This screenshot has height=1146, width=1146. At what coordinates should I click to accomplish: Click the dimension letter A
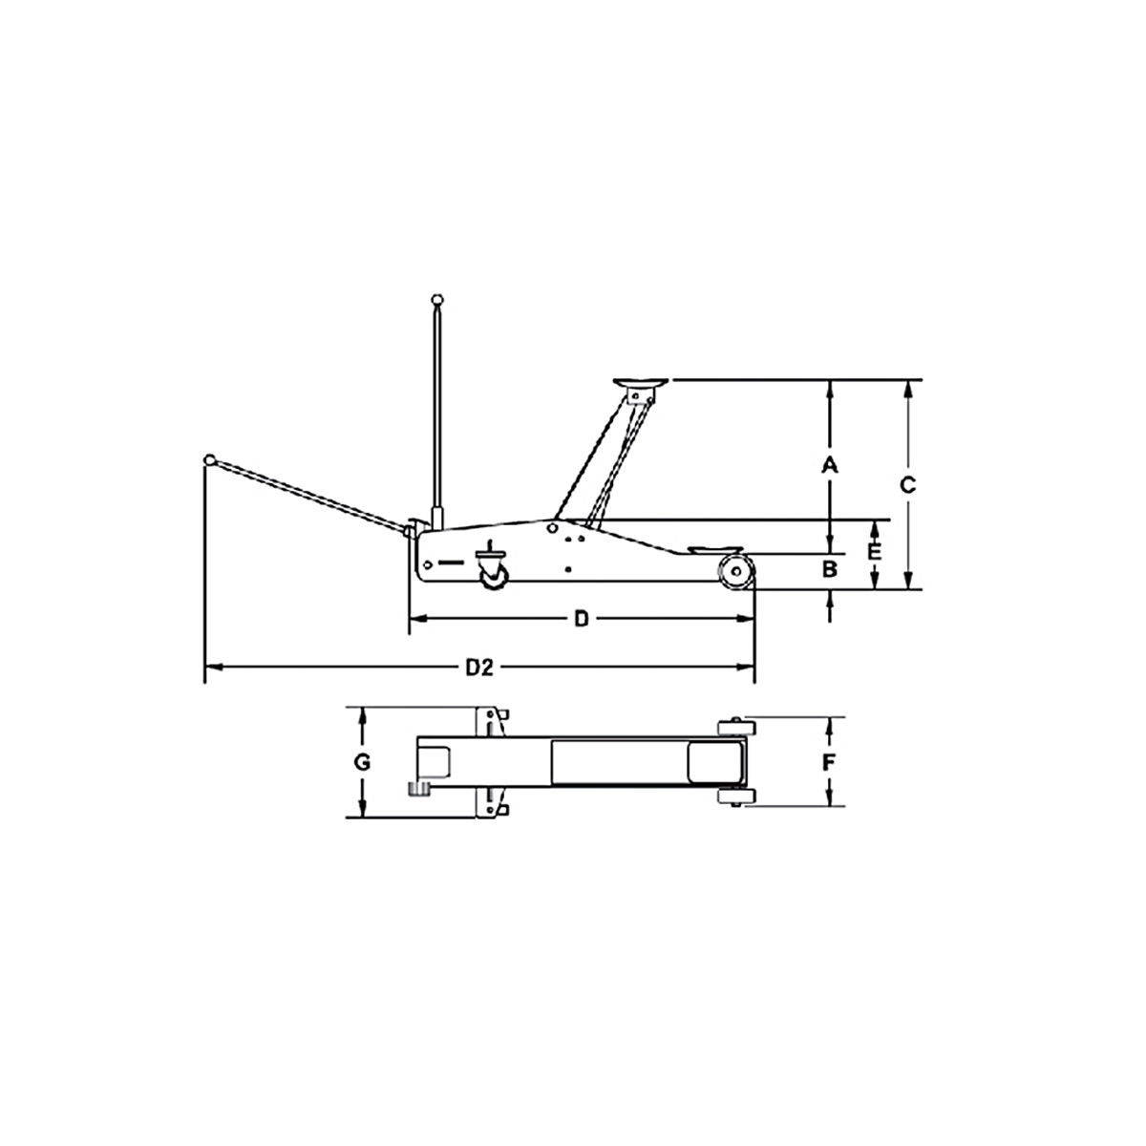point(830,465)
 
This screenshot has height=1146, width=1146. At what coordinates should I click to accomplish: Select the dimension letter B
point(830,570)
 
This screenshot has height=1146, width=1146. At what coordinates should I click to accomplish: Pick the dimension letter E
point(873,552)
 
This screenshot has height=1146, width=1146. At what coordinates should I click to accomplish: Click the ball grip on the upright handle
point(437,298)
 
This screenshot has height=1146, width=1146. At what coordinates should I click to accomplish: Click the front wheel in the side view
point(734,572)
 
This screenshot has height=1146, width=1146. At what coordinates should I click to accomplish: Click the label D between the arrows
point(582,619)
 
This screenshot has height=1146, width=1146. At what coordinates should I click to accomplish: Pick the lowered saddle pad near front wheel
point(709,549)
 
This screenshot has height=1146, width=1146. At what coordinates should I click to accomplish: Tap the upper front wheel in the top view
point(732,728)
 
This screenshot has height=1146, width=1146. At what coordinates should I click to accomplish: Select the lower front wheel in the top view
point(732,796)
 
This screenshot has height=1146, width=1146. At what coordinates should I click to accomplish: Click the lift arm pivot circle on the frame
point(552,527)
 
